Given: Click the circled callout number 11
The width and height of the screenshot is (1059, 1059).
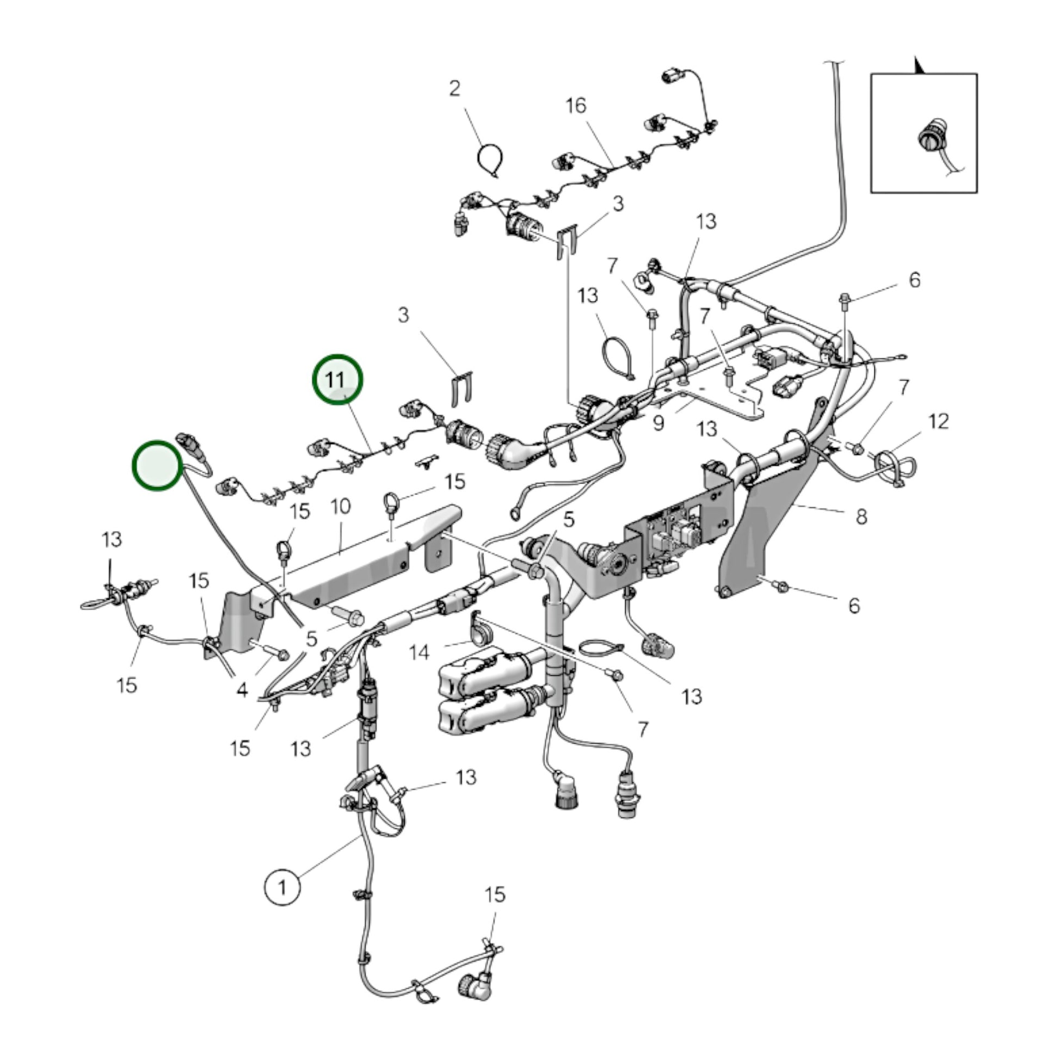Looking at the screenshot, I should coord(337,379).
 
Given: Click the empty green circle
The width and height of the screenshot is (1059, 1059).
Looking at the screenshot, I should coord(157,465).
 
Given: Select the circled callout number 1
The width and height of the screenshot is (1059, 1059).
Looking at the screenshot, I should coord(282,886).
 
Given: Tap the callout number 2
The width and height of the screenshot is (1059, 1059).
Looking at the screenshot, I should coord(454,89).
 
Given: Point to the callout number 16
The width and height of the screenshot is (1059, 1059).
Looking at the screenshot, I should coord(576,105).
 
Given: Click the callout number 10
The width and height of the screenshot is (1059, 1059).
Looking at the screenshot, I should coord(341,506).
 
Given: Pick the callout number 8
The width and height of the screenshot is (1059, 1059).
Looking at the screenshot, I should coord(861,516).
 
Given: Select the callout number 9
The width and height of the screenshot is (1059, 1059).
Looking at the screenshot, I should coord(658,423).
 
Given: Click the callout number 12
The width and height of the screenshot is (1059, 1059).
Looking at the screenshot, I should coord(938,422).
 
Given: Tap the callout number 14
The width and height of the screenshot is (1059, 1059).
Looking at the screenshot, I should coord(420,652).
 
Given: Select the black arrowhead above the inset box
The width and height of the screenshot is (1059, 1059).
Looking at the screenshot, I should coord(919,66).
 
